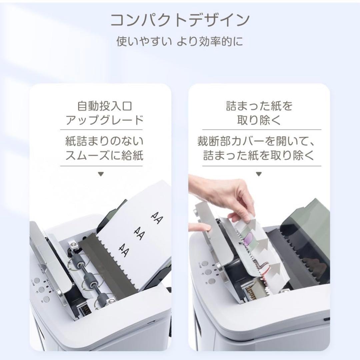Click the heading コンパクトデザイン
tap(180, 20)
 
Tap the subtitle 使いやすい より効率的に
tap(180, 42)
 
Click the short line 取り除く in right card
tap(259, 120)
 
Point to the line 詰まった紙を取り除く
tap(259, 156)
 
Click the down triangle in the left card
tap(101, 174)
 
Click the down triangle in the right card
tap(259, 174)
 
